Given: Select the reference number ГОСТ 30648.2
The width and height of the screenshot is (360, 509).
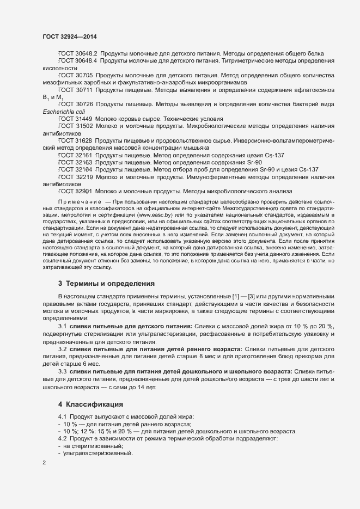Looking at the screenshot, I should click(x=77, y=53).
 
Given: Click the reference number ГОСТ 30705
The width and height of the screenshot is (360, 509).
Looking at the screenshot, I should click(x=75, y=75).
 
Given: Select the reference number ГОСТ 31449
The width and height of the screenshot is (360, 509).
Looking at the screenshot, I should click(x=75, y=118).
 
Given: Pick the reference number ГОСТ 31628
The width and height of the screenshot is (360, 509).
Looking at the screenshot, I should click(x=75, y=140).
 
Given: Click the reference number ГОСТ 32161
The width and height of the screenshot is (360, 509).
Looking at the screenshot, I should click(x=75, y=155).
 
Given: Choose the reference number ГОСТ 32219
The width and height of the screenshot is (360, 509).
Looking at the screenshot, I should click(x=75, y=177).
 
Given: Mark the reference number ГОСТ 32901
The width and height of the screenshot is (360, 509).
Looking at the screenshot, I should click(x=75, y=191).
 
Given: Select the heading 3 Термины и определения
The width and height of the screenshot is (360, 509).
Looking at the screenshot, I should click(x=106, y=284).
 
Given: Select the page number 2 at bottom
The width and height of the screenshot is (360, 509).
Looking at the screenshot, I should click(x=44, y=463).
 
